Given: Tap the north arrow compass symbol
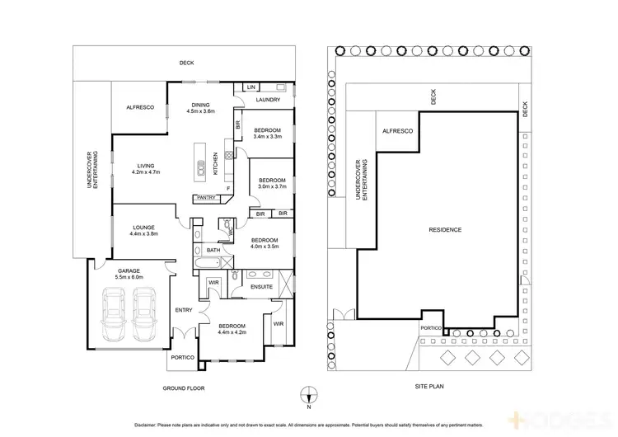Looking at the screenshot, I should tap(309, 394).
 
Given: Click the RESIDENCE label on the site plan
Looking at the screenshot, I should tap(444, 229).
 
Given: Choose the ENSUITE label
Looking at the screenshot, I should tap(250, 286).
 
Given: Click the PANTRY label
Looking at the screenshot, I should tap(206, 197).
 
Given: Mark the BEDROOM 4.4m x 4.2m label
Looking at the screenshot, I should tap(232, 328).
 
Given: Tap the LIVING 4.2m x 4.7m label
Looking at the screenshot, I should tap(149, 169).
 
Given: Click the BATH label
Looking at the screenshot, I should tap(213, 250).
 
